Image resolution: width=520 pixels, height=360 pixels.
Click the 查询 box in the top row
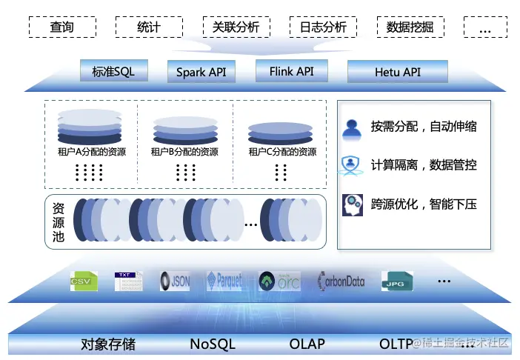pyautogui.click(x=62, y=27)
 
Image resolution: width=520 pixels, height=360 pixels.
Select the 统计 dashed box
pyautogui.click(x=149, y=27)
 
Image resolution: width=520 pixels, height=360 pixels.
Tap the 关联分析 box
pyautogui.click(x=236, y=27)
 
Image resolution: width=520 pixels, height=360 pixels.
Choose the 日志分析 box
pyautogui.click(x=322, y=27)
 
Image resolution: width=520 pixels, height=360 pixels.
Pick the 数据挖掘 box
pyautogui.click(x=410, y=27)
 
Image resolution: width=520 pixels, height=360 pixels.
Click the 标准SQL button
pyautogui.click(x=113, y=72)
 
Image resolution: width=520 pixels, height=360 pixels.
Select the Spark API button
pyautogui.click(x=201, y=73)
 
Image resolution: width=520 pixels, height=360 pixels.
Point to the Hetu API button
pyautogui.click(x=397, y=73)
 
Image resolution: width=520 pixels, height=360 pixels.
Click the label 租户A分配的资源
pyautogui.click(x=91, y=153)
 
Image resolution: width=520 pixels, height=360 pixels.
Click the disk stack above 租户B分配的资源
pyautogui.click(x=185, y=130)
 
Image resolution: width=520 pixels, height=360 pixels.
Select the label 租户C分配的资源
pyautogui.click(x=282, y=153)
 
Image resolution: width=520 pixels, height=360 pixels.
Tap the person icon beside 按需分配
pyautogui.click(x=351, y=127)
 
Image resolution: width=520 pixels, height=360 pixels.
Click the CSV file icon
pyautogui.click(x=84, y=281)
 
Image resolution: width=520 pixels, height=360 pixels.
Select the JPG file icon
pyautogui.click(x=396, y=281)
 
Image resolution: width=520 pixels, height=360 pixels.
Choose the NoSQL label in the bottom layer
pyautogui.click(x=212, y=344)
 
